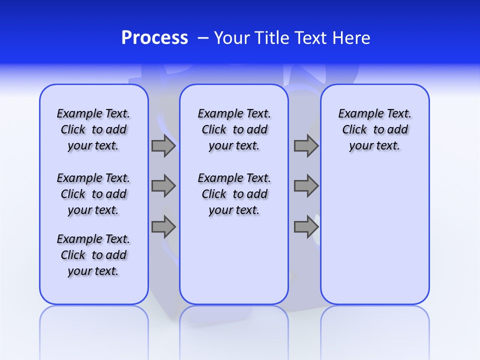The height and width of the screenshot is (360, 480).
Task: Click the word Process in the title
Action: (x=154, y=38)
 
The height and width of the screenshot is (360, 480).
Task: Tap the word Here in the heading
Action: (x=352, y=38)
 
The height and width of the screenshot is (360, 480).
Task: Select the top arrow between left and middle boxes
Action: (x=163, y=145)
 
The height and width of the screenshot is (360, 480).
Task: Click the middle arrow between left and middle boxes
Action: (x=163, y=186)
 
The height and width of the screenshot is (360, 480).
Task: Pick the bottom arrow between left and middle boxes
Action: (x=163, y=227)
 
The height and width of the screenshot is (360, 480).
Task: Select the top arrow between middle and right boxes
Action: (x=306, y=145)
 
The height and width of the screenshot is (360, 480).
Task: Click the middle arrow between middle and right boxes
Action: (x=306, y=186)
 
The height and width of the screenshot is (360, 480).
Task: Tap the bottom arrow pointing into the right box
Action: (x=306, y=227)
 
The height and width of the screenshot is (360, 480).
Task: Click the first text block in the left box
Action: (x=93, y=129)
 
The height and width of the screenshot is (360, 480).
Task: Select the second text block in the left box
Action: (x=93, y=194)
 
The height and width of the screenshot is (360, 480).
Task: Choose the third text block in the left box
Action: (x=93, y=255)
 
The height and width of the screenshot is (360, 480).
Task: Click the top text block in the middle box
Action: (x=234, y=129)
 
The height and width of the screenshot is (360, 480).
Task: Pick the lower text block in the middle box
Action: (x=234, y=194)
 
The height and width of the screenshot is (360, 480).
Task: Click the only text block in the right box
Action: (x=374, y=129)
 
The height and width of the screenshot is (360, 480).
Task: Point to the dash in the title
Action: (x=203, y=38)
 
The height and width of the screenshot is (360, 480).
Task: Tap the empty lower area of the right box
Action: (x=374, y=235)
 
